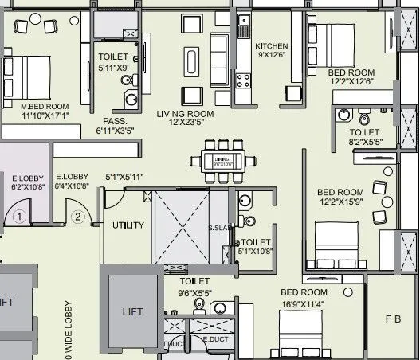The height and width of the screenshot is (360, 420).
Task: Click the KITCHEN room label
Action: pos(271,46)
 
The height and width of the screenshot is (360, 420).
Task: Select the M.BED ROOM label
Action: pos(45,106)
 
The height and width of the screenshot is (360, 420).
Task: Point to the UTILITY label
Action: pos(128,225)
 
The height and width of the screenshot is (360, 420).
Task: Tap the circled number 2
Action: pos(77,215)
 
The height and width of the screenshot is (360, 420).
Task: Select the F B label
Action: pos(392,319)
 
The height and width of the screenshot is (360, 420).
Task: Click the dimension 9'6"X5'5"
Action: pos(194,292)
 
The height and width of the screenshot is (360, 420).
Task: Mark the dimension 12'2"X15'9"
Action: pos(340,202)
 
